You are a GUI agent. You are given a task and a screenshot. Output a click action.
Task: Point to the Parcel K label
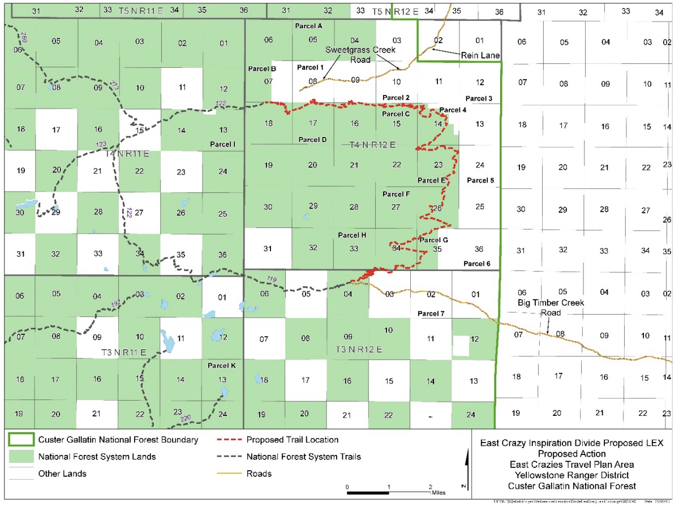222,366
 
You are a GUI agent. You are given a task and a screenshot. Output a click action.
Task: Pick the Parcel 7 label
431,313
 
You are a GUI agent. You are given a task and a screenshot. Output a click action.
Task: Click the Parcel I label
222,144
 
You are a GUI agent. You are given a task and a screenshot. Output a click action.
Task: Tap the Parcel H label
352,235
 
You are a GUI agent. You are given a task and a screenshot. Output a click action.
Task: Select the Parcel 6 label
476,264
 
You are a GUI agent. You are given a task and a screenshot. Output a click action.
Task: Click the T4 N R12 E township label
372,145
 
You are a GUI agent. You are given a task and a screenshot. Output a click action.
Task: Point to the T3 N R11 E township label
123,352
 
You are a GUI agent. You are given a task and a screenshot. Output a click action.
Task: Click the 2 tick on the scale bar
431,487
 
